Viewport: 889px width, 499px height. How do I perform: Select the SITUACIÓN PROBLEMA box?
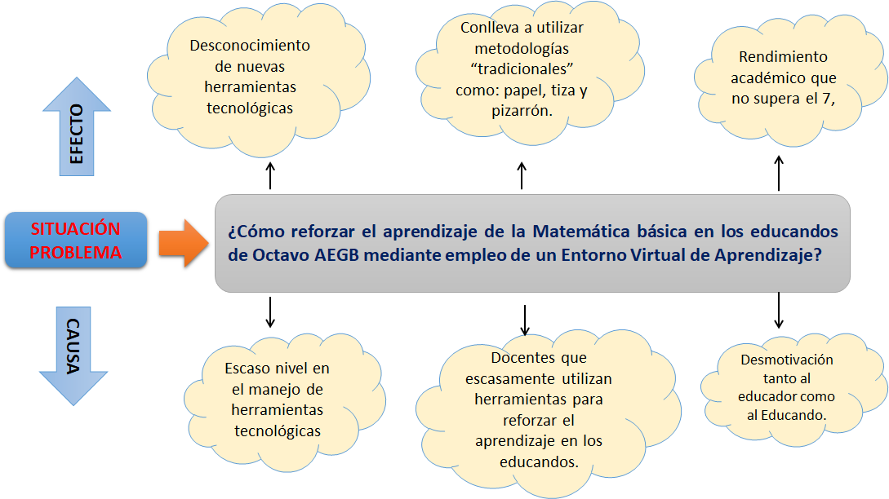pyautogui.click(x=76, y=241)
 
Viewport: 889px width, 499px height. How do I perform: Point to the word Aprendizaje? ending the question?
pyautogui.click(x=771, y=254)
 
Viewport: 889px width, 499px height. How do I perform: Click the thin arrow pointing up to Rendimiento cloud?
pyautogui.click(x=779, y=174)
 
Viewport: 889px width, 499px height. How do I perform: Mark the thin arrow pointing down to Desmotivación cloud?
pyautogui.click(x=779, y=311)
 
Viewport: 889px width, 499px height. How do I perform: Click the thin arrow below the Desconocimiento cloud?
pyautogui.click(x=270, y=174)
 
